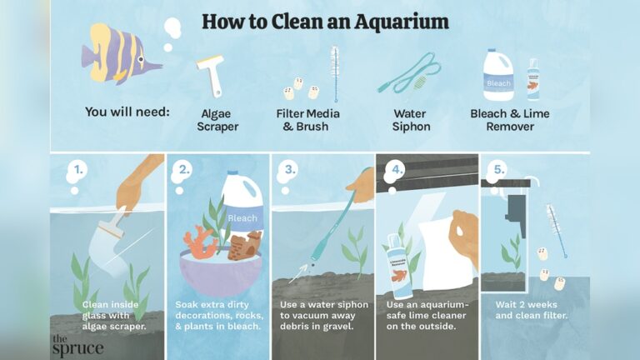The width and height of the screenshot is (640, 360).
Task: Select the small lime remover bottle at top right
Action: click(x=532, y=81)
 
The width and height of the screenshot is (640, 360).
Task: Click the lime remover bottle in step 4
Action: click(x=394, y=267)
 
